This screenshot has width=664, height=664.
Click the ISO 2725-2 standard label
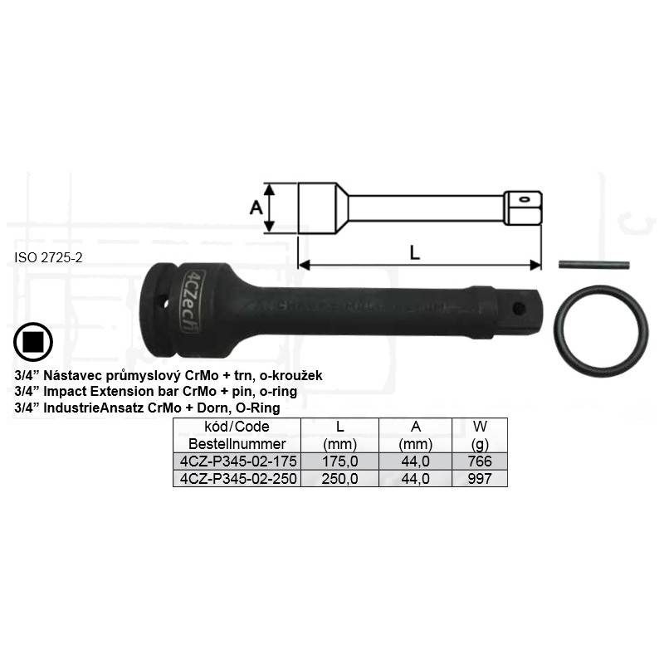[48, 257]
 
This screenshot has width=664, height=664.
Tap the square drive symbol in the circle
[33, 342]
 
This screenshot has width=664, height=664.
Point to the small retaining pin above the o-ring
[593, 264]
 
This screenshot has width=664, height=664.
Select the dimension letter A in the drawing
[256, 208]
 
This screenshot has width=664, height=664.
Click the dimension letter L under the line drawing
[414, 253]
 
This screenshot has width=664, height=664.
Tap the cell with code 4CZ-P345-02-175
[237, 461]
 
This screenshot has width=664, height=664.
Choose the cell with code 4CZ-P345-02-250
[237, 479]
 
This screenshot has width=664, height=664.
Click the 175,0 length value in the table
[339, 461]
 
